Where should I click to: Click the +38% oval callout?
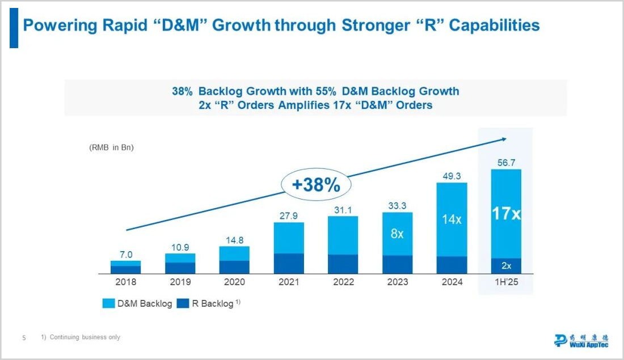(316, 185)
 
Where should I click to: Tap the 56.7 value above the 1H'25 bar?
(506, 163)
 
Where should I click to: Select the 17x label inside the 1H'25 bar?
(506, 214)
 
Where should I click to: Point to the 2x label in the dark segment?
(506, 265)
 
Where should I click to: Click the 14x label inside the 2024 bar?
(452, 219)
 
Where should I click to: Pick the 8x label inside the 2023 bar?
(397, 234)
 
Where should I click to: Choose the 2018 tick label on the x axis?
(125, 282)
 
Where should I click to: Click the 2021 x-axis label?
(289, 282)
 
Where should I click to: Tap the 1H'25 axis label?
(506, 282)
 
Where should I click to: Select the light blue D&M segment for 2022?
(343, 235)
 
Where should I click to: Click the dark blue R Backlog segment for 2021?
(289, 264)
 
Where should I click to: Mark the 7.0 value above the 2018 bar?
(125, 255)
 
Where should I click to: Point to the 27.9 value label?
(289, 215)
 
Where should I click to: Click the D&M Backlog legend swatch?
(108, 303)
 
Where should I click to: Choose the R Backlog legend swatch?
(183, 303)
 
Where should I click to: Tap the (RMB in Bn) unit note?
(111, 147)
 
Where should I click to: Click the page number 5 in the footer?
(24, 338)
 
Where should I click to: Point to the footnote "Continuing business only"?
(85, 337)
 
